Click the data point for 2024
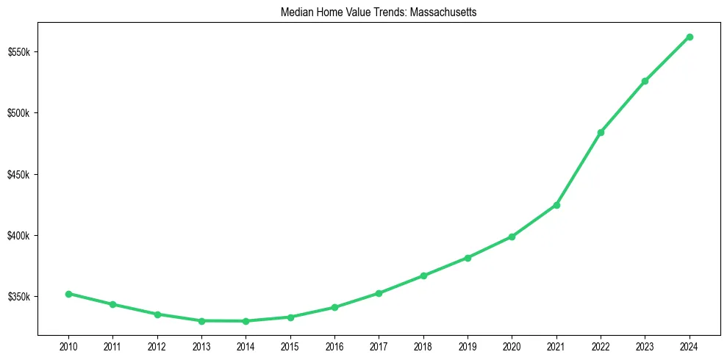click(x=690, y=37)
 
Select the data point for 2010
click(x=68, y=294)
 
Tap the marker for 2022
click(x=601, y=132)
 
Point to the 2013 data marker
click(x=201, y=321)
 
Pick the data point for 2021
click(x=556, y=205)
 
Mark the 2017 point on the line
click(x=379, y=293)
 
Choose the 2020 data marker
click(x=512, y=237)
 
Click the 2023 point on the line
click(x=645, y=81)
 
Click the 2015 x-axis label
click(x=290, y=345)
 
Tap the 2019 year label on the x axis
click(x=468, y=345)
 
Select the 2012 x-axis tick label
click(x=157, y=345)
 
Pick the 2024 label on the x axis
click(x=690, y=345)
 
